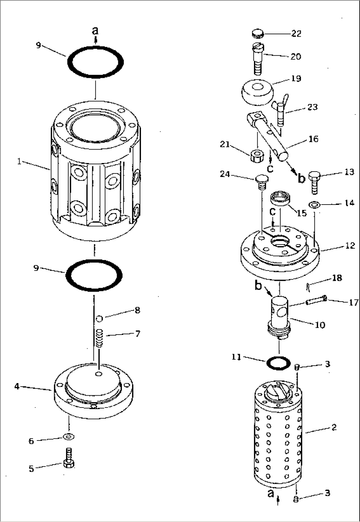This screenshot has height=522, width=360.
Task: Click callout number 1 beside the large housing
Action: coord(19,162)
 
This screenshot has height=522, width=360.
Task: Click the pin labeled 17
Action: coord(316,300)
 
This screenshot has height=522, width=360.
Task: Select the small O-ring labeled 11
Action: coord(278,363)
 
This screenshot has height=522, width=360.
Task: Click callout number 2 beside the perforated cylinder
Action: coord(334,427)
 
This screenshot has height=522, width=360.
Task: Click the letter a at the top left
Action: coord(95,31)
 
